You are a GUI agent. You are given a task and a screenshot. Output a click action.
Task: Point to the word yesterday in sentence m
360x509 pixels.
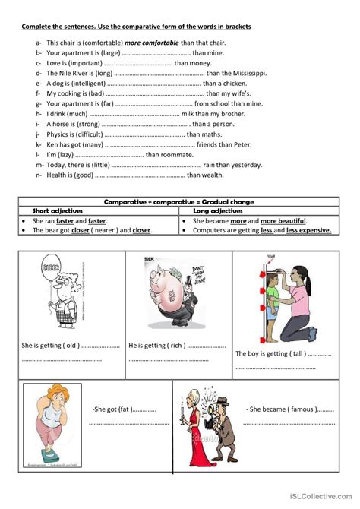[247, 164]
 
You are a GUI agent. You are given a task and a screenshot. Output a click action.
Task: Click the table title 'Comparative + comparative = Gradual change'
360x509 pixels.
[179, 201]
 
